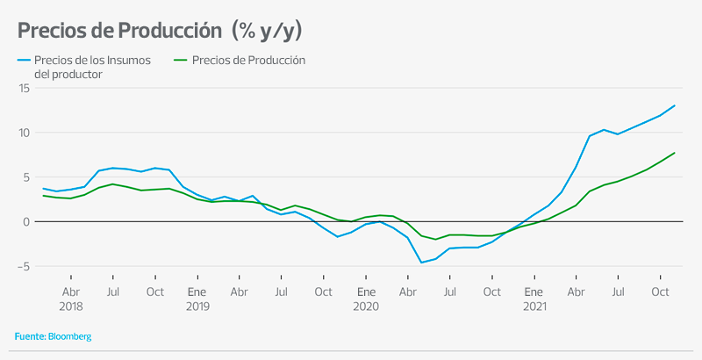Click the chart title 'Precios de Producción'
tap(118, 32)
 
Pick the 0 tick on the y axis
tap(27, 221)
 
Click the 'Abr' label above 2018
tap(70, 292)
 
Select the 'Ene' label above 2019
tap(197, 292)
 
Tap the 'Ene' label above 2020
tap(365, 292)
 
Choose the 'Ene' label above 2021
tap(534, 292)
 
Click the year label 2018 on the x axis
tap(70, 306)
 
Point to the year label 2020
tap(365, 306)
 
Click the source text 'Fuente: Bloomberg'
tap(53, 336)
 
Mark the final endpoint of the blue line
tap(674, 105)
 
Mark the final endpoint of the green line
tap(674, 153)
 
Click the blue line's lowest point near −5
tap(421, 262)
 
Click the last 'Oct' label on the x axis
tap(660, 292)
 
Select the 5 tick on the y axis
tap(27, 176)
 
